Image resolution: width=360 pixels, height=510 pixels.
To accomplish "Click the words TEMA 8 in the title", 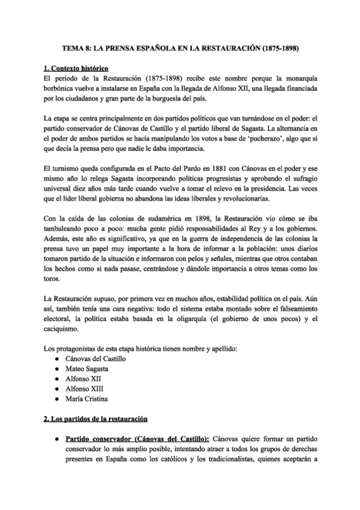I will [x=78, y=46].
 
